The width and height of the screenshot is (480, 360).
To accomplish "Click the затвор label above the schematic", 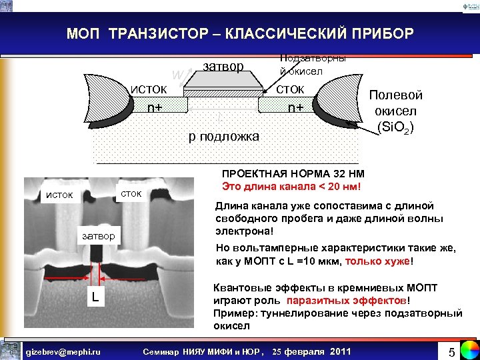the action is [x=223, y=66].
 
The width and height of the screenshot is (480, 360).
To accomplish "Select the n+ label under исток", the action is [x=155, y=106].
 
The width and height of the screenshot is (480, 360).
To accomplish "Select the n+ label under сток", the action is [x=296, y=106].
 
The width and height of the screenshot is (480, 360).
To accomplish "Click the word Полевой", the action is [x=396, y=95].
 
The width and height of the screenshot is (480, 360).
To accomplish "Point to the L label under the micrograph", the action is [x=96, y=295].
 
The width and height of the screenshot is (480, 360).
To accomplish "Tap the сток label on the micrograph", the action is [x=131, y=193].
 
